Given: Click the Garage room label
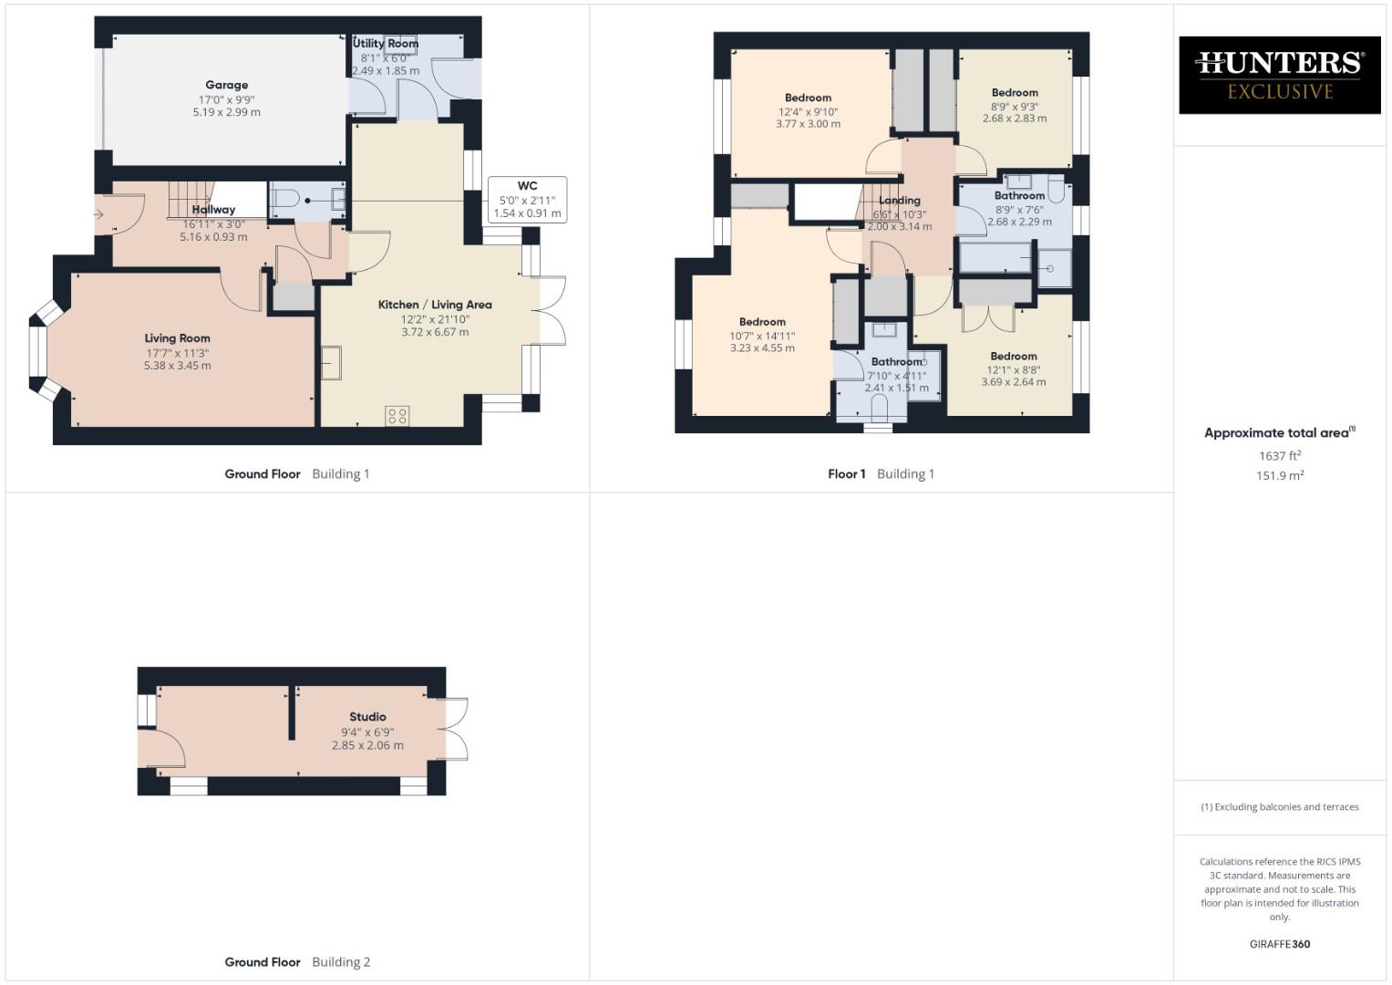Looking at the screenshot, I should pos(226,85).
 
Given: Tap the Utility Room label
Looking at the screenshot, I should pos(386,44).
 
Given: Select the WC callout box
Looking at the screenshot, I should pos(527,200).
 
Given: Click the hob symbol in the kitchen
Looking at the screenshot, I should pos(397,416).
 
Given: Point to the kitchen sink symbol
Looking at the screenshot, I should pos(330,363).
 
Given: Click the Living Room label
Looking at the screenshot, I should pos(177,338).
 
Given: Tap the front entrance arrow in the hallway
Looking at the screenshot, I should pos(98,215).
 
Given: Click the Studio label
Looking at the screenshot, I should pos(367,717).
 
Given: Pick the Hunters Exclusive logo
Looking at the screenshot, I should pos(1279,75).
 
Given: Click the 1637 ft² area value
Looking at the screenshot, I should pos(1279,456).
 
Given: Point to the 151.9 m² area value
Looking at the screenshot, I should pos(1279,476).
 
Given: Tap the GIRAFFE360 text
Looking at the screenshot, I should pos(1279,944).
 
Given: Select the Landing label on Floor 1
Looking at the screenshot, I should pos(899,201).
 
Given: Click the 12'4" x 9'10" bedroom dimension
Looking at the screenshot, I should pos(808,112).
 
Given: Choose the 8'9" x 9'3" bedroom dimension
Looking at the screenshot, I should pos(1015,106).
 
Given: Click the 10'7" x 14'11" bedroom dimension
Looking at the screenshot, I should pos(762,336).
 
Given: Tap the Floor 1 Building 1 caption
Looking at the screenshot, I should pos(881,473).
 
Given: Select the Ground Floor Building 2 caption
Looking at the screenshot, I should pos(297,962).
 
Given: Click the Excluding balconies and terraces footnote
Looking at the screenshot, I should pos(1279,807).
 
